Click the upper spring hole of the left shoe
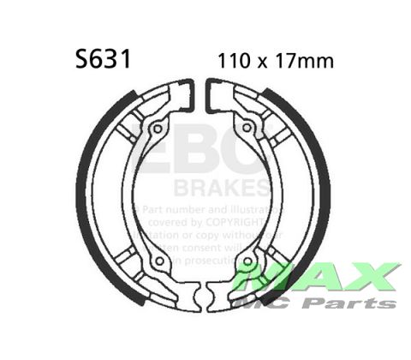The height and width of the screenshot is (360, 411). click(157, 129)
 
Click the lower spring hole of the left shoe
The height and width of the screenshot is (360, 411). click(157, 260)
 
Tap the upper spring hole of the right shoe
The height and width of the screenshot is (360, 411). click(249, 129)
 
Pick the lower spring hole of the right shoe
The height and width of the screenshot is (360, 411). click(248, 260)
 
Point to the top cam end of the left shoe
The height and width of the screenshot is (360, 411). click(187, 94)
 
